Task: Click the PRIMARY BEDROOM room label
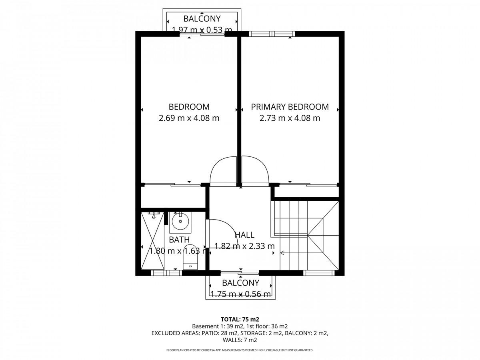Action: coord(290,107)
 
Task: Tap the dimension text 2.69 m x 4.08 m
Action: coord(189,118)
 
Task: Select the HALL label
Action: coord(244,235)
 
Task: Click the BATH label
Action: coord(179,240)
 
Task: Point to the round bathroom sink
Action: coord(180,221)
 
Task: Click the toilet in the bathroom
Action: coord(190,257)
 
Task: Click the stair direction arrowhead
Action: coord(282,253)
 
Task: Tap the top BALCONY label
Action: coord(202,19)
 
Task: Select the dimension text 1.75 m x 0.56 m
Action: coord(240,294)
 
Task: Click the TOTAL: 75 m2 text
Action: coord(240,319)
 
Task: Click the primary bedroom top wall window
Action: coord(272,34)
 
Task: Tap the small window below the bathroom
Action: coord(166,273)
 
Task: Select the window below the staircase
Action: coord(319,273)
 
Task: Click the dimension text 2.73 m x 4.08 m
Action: coord(290,118)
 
